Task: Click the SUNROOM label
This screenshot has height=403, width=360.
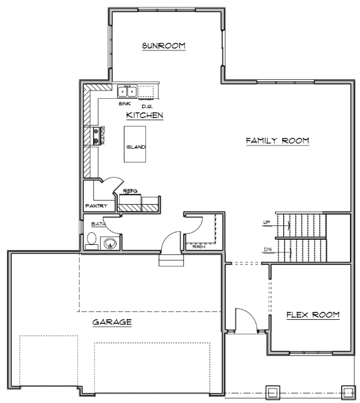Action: [x=164, y=46]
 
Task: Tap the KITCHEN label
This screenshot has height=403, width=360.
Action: [x=145, y=115]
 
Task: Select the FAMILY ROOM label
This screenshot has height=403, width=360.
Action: [x=278, y=140]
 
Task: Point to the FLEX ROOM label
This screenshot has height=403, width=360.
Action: [x=313, y=315]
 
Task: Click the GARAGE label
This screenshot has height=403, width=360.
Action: [x=112, y=322]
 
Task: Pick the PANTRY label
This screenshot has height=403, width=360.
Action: [x=96, y=206]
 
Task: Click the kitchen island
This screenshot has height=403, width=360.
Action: [x=135, y=144]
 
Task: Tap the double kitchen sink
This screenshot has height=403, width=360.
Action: [x=127, y=91]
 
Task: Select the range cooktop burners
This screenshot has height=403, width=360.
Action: [x=96, y=136]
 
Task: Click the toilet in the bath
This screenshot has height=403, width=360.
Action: [x=91, y=241]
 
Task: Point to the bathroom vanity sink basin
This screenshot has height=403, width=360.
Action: [x=111, y=242]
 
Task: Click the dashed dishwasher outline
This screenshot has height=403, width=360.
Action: [x=146, y=92]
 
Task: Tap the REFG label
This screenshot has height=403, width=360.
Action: [x=130, y=191]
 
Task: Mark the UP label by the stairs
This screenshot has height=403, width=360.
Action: [x=267, y=222]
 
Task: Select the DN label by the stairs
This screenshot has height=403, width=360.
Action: [x=267, y=249]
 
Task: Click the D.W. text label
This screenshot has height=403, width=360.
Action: [x=147, y=106]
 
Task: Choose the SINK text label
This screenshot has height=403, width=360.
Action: [x=125, y=103]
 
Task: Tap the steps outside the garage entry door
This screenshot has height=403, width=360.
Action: [x=171, y=260]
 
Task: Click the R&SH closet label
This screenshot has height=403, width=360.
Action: [x=199, y=247]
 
